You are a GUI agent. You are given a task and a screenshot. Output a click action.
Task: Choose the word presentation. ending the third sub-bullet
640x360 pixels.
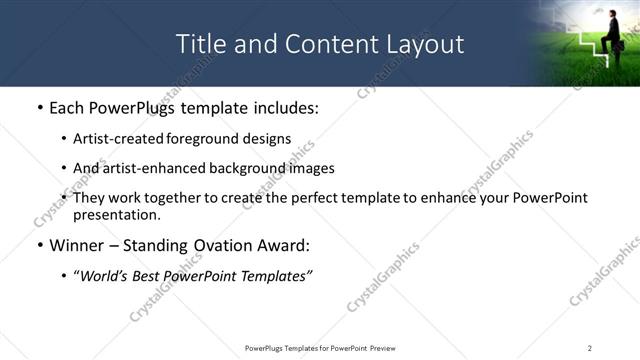point(116,215)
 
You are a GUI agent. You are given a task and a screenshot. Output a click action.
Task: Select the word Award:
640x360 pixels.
point(281,245)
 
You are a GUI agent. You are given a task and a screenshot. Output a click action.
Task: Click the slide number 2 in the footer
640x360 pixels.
point(590,347)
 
